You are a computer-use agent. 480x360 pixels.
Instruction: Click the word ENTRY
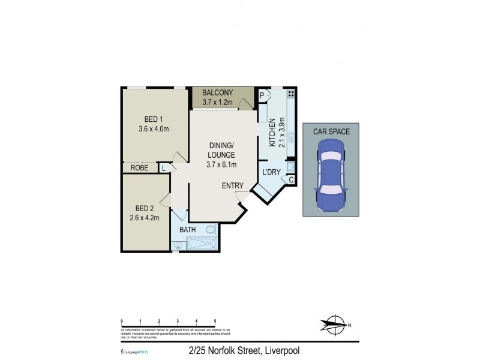pyautogui.click(x=232, y=186)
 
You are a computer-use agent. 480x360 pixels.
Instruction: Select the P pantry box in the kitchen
pyautogui.click(x=262, y=94)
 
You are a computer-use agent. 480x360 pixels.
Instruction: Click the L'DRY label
pyautogui.click(x=272, y=173)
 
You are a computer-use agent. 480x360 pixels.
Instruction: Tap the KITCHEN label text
pyautogui.click(x=272, y=133)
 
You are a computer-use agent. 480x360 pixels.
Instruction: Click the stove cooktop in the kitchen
pyautogui.click(x=291, y=94)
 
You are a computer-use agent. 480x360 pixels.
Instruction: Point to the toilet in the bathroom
pyautogui.click(x=209, y=230)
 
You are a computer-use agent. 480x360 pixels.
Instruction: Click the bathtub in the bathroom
pyautogui.click(x=202, y=244)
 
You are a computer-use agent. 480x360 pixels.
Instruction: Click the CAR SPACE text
pyautogui.click(x=331, y=130)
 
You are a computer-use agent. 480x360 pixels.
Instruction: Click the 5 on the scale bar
pyautogui.click(x=215, y=322)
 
